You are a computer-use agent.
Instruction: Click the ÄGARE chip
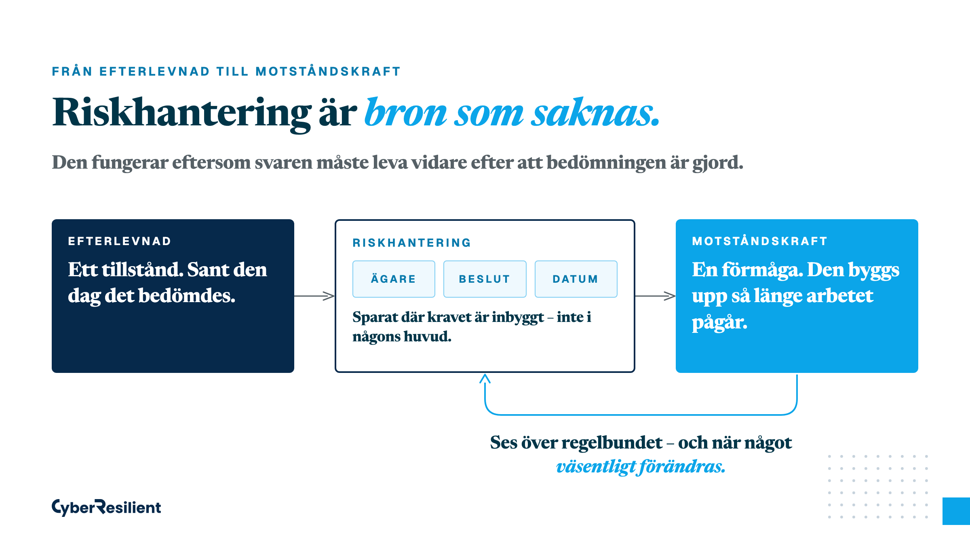[394, 279]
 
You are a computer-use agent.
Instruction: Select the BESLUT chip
[485, 279]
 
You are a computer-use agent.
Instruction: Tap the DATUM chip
[576, 279]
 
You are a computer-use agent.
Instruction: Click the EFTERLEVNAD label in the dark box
[120, 241]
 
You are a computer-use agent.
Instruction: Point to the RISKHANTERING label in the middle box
[412, 243]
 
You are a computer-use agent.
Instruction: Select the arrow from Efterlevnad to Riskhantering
[314, 296]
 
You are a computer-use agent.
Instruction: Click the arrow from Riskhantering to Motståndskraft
[655, 296]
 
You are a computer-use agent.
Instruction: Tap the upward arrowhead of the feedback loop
[485, 378]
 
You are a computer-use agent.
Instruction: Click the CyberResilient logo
[106, 507]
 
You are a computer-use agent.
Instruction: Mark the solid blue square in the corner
[956, 511]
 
